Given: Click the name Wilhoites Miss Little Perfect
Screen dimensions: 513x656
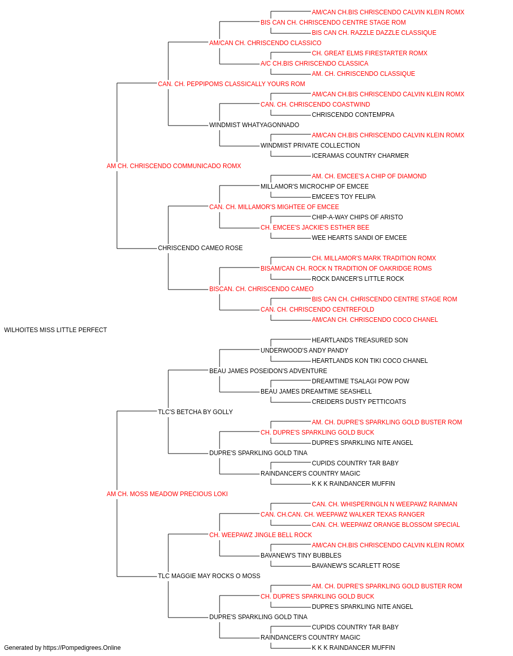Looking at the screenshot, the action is [55, 330].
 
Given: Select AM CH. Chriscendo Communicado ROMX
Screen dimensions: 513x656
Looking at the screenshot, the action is [174, 166].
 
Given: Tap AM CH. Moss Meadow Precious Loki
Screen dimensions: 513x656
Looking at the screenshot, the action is [167, 494].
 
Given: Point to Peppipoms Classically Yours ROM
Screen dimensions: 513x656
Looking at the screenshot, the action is [231, 84].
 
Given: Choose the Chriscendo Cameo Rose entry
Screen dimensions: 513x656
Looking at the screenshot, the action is [200, 248].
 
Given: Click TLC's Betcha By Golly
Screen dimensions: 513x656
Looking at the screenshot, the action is [195, 412].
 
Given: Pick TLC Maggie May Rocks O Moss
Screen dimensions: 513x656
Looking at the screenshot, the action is [209, 576].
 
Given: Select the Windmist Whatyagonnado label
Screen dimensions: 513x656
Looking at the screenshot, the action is [254, 125].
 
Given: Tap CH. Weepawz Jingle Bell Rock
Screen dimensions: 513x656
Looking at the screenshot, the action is [261, 535].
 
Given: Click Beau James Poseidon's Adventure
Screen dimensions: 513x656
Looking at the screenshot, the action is [268, 371].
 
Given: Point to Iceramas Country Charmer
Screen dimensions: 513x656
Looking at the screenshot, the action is [360, 156].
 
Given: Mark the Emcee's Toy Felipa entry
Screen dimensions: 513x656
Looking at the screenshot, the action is [344, 196].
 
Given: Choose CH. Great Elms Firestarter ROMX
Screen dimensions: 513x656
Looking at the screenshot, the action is [369, 53].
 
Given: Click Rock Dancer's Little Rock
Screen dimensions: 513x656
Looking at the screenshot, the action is [358, 279].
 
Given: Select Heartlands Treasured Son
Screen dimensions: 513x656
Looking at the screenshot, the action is [360, 340].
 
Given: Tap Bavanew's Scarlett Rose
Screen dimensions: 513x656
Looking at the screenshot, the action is [356, 565].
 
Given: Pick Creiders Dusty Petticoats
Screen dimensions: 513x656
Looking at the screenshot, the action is [359, 401].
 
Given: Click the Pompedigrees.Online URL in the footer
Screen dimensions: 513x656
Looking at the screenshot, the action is [82, 648].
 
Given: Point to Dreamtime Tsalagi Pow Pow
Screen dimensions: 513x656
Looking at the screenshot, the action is [361, 381].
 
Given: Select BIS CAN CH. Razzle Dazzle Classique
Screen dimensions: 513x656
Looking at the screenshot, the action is [374, 33].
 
